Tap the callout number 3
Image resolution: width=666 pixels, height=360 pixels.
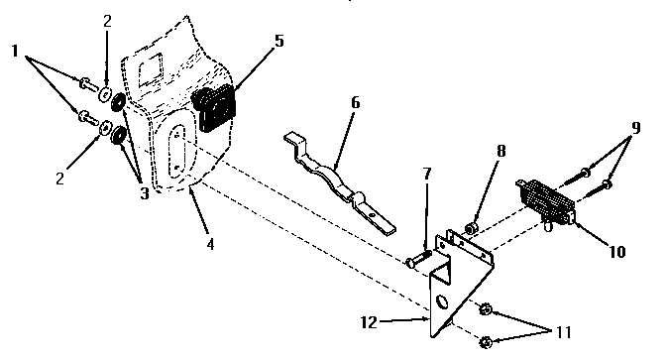pos(145,193)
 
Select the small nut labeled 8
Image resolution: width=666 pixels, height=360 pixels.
pos(474,230)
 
